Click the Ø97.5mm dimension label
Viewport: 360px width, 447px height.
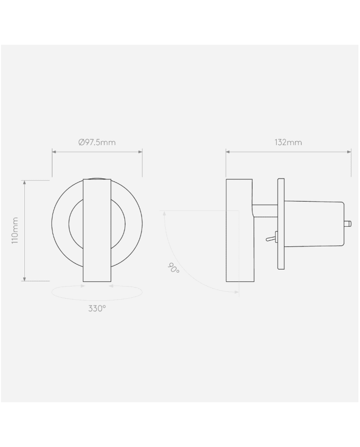click(97, 142)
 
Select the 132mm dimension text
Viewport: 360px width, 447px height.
click(288, 142)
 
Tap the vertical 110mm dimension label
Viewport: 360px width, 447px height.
click(15, 230)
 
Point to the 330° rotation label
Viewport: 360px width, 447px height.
click(97, 309)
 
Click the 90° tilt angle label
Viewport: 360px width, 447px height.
click(174, 268)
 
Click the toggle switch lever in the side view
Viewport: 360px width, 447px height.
click(269, 239)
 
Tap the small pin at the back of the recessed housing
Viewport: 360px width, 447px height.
click(347, 223)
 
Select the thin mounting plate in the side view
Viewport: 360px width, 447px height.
click(281, 224)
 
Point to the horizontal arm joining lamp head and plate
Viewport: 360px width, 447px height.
click(265, 209)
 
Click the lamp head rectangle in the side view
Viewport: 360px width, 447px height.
click(239, 230)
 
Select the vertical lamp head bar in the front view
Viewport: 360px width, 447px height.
click(97, 230)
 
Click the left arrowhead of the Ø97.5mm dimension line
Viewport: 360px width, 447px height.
click(54, 152)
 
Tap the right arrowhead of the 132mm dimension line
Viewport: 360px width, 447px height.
click(349, 152)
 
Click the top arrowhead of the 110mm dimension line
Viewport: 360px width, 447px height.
click(24, 182)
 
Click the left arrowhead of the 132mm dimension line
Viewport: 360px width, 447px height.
click(228, 152)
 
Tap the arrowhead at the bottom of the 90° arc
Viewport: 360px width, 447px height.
click(237, 292)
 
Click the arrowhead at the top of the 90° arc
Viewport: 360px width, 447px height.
click(164, 212)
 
